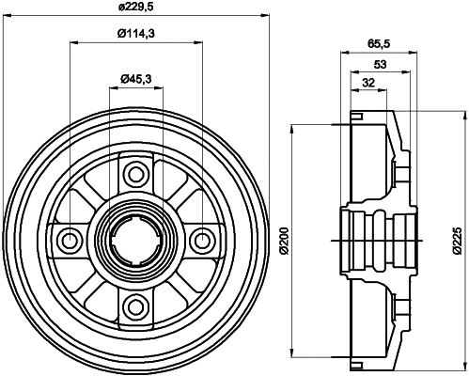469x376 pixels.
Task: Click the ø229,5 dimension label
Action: point(135,9)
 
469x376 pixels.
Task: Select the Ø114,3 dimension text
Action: point(135,34)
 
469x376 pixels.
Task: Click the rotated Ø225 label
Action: point(459,241)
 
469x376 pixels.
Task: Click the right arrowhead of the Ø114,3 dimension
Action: point(199,42)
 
